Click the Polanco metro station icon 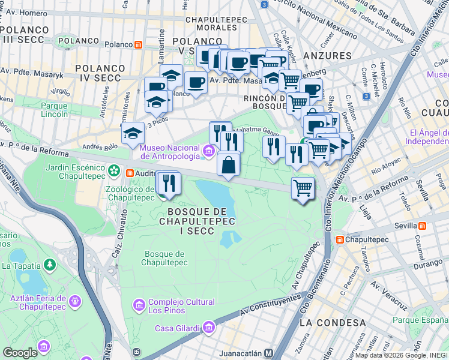(139, 44)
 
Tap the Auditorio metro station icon (130, 173)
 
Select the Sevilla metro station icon (423, 226)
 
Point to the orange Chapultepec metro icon (340, 239)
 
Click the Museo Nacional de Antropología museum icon (208, 151)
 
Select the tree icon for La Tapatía (49, 264)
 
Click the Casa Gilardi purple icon (208, 327)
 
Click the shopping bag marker (229, 164)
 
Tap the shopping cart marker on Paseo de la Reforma (303, 188)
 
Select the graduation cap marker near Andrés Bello (133, 134)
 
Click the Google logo (20, 353)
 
